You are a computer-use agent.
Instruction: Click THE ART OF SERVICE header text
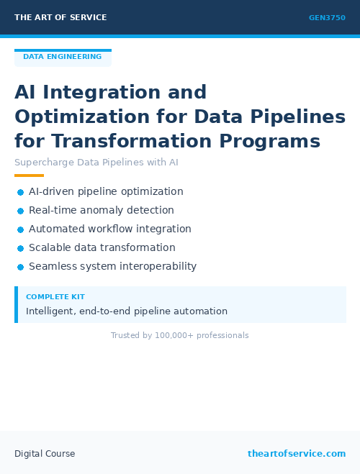click(x=60, y=17)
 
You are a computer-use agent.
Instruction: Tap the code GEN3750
click(x=327, y=18)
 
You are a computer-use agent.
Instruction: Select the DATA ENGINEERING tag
click(x=62, y=57)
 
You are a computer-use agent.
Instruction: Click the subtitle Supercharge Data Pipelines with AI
click(x=96, y=163)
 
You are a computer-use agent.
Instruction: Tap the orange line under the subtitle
click(x=29, y=176)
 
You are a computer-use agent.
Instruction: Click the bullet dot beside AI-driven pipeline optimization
click(x=20, y=192)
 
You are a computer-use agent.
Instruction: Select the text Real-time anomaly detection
click(x=102, y=211)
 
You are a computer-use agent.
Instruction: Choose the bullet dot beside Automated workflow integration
click(x=20, y=229)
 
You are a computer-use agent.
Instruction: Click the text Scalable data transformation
click(x=102, y=248)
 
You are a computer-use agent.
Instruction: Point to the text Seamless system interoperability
click(x=112, y=267)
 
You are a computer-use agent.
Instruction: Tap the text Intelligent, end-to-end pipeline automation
click(x=127, y=311)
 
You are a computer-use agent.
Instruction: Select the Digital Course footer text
click(x=45, y=454)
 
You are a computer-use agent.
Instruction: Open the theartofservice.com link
click(x=297, y=454)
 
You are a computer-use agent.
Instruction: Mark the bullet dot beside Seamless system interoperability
click(x=20, y=267)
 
